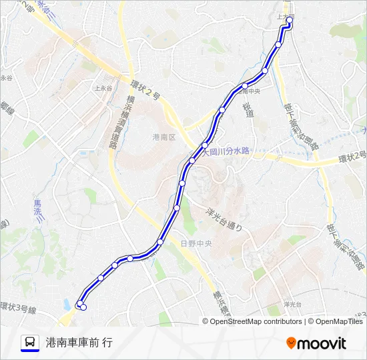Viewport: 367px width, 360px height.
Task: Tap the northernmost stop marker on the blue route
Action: pyautogui.click(x=290, y=20)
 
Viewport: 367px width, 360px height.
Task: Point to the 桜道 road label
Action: pyautogui.click(x=249, y=110)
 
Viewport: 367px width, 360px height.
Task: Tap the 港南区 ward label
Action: pyautogui.click(x=163, y=137)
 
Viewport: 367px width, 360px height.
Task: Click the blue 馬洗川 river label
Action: pyautogui.click(x=38, y=211)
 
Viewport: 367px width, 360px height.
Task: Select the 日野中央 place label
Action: pyautogui.click(x=196, y=243)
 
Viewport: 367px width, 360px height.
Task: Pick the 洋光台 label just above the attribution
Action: pyautogui.click(x=292, y=304)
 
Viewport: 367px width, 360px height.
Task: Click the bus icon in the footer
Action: pyautogui.click(x=30, y=343)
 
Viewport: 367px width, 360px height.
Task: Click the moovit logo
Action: pyautogui.click(x=316, y=343)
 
